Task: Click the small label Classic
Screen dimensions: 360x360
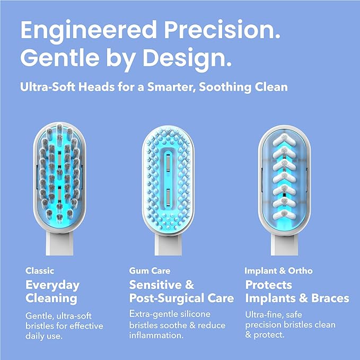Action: point(40,270)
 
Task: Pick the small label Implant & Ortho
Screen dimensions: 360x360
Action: point(278,270)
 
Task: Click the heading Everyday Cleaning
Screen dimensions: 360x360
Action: point(52,292)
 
